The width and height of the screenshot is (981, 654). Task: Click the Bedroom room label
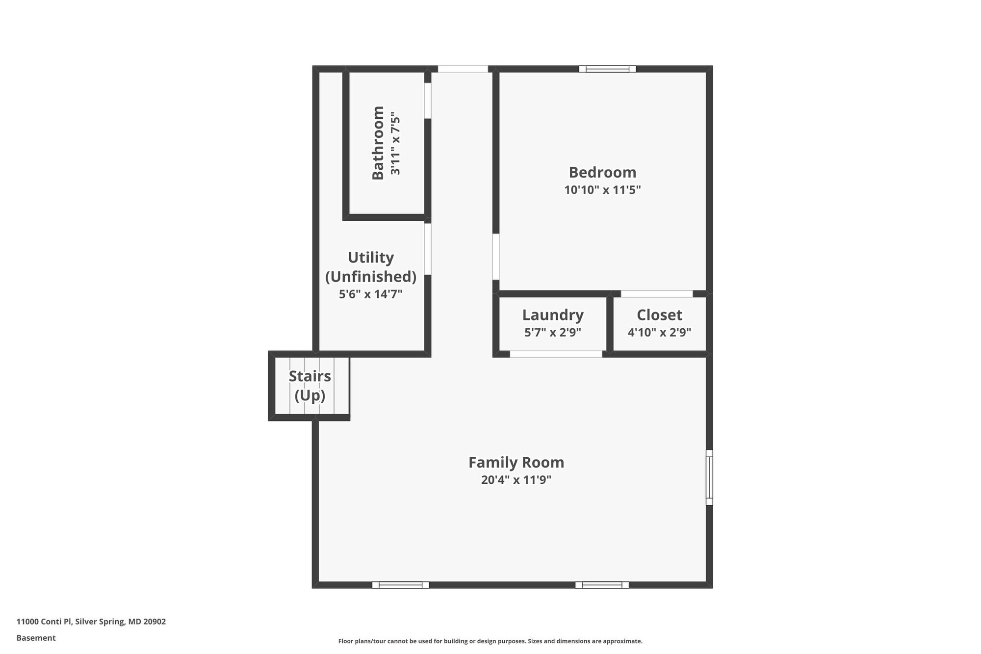tap(602, 172)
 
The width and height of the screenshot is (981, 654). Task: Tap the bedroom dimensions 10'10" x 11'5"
tap(602, 190)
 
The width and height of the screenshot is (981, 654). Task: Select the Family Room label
tap(516, 462)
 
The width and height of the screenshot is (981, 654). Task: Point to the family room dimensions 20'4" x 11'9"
tap(516, 480)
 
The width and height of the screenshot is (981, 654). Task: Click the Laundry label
tap(553, 314)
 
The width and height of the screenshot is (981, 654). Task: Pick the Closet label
tap(659, 314)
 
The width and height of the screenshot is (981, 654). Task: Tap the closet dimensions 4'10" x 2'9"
tap(659, 332)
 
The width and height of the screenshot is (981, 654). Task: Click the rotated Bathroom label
tap(378, 143)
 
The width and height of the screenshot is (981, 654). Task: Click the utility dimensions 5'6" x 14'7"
tap(370, 294)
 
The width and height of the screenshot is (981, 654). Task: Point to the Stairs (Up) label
tap(310, 386)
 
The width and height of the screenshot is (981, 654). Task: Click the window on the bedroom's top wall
tap(607, 69)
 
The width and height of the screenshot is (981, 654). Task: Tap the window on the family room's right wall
tap(709, 477)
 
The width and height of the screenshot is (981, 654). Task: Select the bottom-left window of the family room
tap(400, 585)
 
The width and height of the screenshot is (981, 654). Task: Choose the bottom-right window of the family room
tap(602, 585)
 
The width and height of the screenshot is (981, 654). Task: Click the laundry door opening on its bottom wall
tap(556, 354)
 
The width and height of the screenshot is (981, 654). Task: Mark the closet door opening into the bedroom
tap(657, 294)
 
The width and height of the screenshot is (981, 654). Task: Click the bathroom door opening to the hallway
tap(428, 101)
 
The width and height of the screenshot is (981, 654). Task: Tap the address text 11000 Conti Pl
tap(44, 622)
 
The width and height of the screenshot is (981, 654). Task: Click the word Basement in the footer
tap(36, 638)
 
